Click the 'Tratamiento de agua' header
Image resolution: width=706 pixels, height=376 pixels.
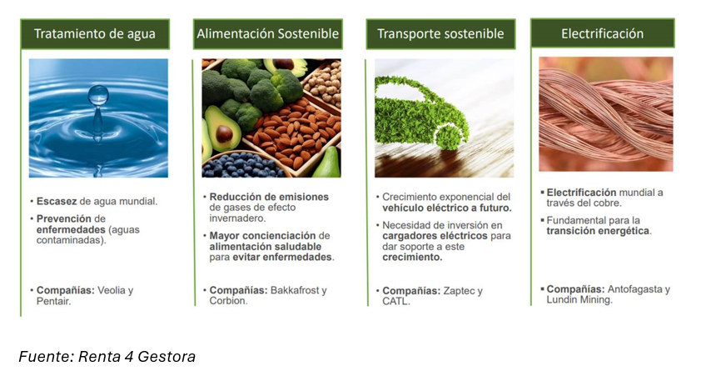click(x=95, y=34)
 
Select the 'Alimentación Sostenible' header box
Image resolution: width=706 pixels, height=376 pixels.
click(x=268, y=34)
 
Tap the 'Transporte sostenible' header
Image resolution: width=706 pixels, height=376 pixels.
click(x=440, y=34)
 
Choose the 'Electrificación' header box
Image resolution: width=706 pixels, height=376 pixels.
click(x=603, y=33)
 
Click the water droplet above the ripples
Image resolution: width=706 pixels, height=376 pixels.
click(x=98, y=95)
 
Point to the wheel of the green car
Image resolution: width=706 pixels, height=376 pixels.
click(x=450, y=138)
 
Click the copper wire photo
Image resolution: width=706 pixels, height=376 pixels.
click(x=606, y=114)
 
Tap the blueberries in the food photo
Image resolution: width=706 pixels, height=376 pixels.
click(x=241, y=165)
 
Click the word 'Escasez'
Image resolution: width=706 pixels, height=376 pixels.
click(x=57, y=202)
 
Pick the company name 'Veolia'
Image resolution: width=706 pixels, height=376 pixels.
click(x=112, y=290)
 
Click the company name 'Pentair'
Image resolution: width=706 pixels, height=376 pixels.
click(x=52, y=301)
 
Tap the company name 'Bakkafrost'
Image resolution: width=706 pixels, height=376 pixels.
click(x=295, y=290)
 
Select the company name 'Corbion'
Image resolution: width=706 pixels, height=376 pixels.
click(x=227, y=301)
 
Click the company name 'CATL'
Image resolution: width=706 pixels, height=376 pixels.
click(x=395, y=301)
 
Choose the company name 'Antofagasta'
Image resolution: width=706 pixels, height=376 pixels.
click(x=635, y=289)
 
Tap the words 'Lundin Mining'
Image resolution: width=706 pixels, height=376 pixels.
click(x=579, y=300)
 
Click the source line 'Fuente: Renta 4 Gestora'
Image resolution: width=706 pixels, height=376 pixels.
click(x=107, y=357)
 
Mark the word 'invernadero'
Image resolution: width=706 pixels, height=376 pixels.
click(x=236, y=218)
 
